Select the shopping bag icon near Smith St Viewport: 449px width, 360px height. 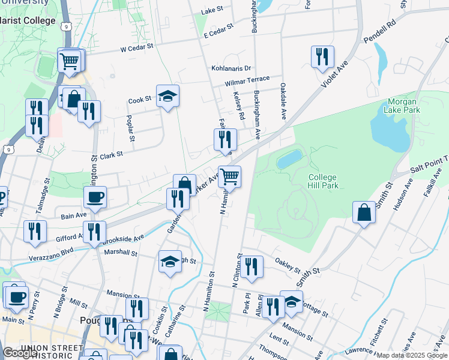[x=364, y=213]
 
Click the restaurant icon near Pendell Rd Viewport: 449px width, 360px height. [x=322, y=57]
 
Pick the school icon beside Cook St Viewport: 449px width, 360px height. [x=167, y=95]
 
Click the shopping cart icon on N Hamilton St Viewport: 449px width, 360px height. [x=229, y=176]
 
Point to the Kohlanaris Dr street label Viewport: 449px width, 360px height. [x=231, y=68]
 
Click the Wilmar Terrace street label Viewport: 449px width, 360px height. [x=247, y=80]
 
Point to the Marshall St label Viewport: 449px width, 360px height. [x=121, y=253]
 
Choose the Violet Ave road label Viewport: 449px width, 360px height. [x=334, y=76]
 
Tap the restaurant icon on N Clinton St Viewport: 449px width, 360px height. [x=250, y=267]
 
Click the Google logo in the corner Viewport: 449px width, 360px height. [x=19, y=353]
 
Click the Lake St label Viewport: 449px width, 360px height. [x=212, y=11]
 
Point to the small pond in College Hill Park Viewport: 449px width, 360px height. [x=289, y=159]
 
